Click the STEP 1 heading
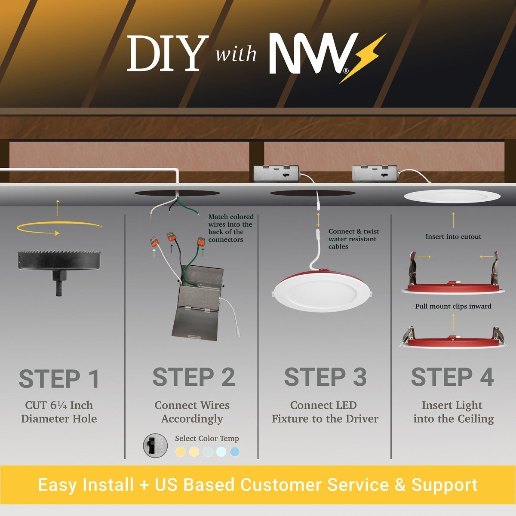(x=59, y=378)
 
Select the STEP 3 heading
(x=326, y=377)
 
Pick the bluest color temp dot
(x=235, y=452)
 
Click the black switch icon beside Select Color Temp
(x=155, y=445)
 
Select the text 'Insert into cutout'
(x=453, y=236)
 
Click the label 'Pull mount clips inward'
(x=453, y=306)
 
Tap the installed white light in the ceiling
(x=452, y=196)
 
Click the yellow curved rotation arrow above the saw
(x=59, y=228)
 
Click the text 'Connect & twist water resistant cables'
(x=353, y=239)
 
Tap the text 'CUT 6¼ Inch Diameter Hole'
(x=59, y=412)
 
